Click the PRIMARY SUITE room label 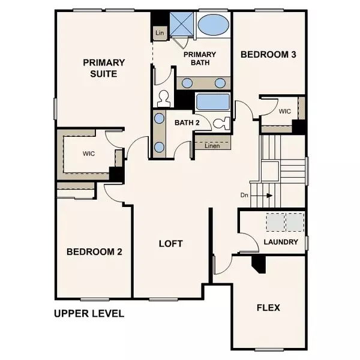(104, 68)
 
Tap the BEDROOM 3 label (268, 55)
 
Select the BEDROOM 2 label (94, 251)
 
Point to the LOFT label (170, 244)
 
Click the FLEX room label (268, 308)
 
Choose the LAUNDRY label (281, 242)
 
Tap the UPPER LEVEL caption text (89, 313)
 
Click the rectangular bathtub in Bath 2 (213, 101)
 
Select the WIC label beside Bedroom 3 (284, 111)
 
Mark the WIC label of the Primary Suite (89, 153)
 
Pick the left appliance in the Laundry (276, 223)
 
